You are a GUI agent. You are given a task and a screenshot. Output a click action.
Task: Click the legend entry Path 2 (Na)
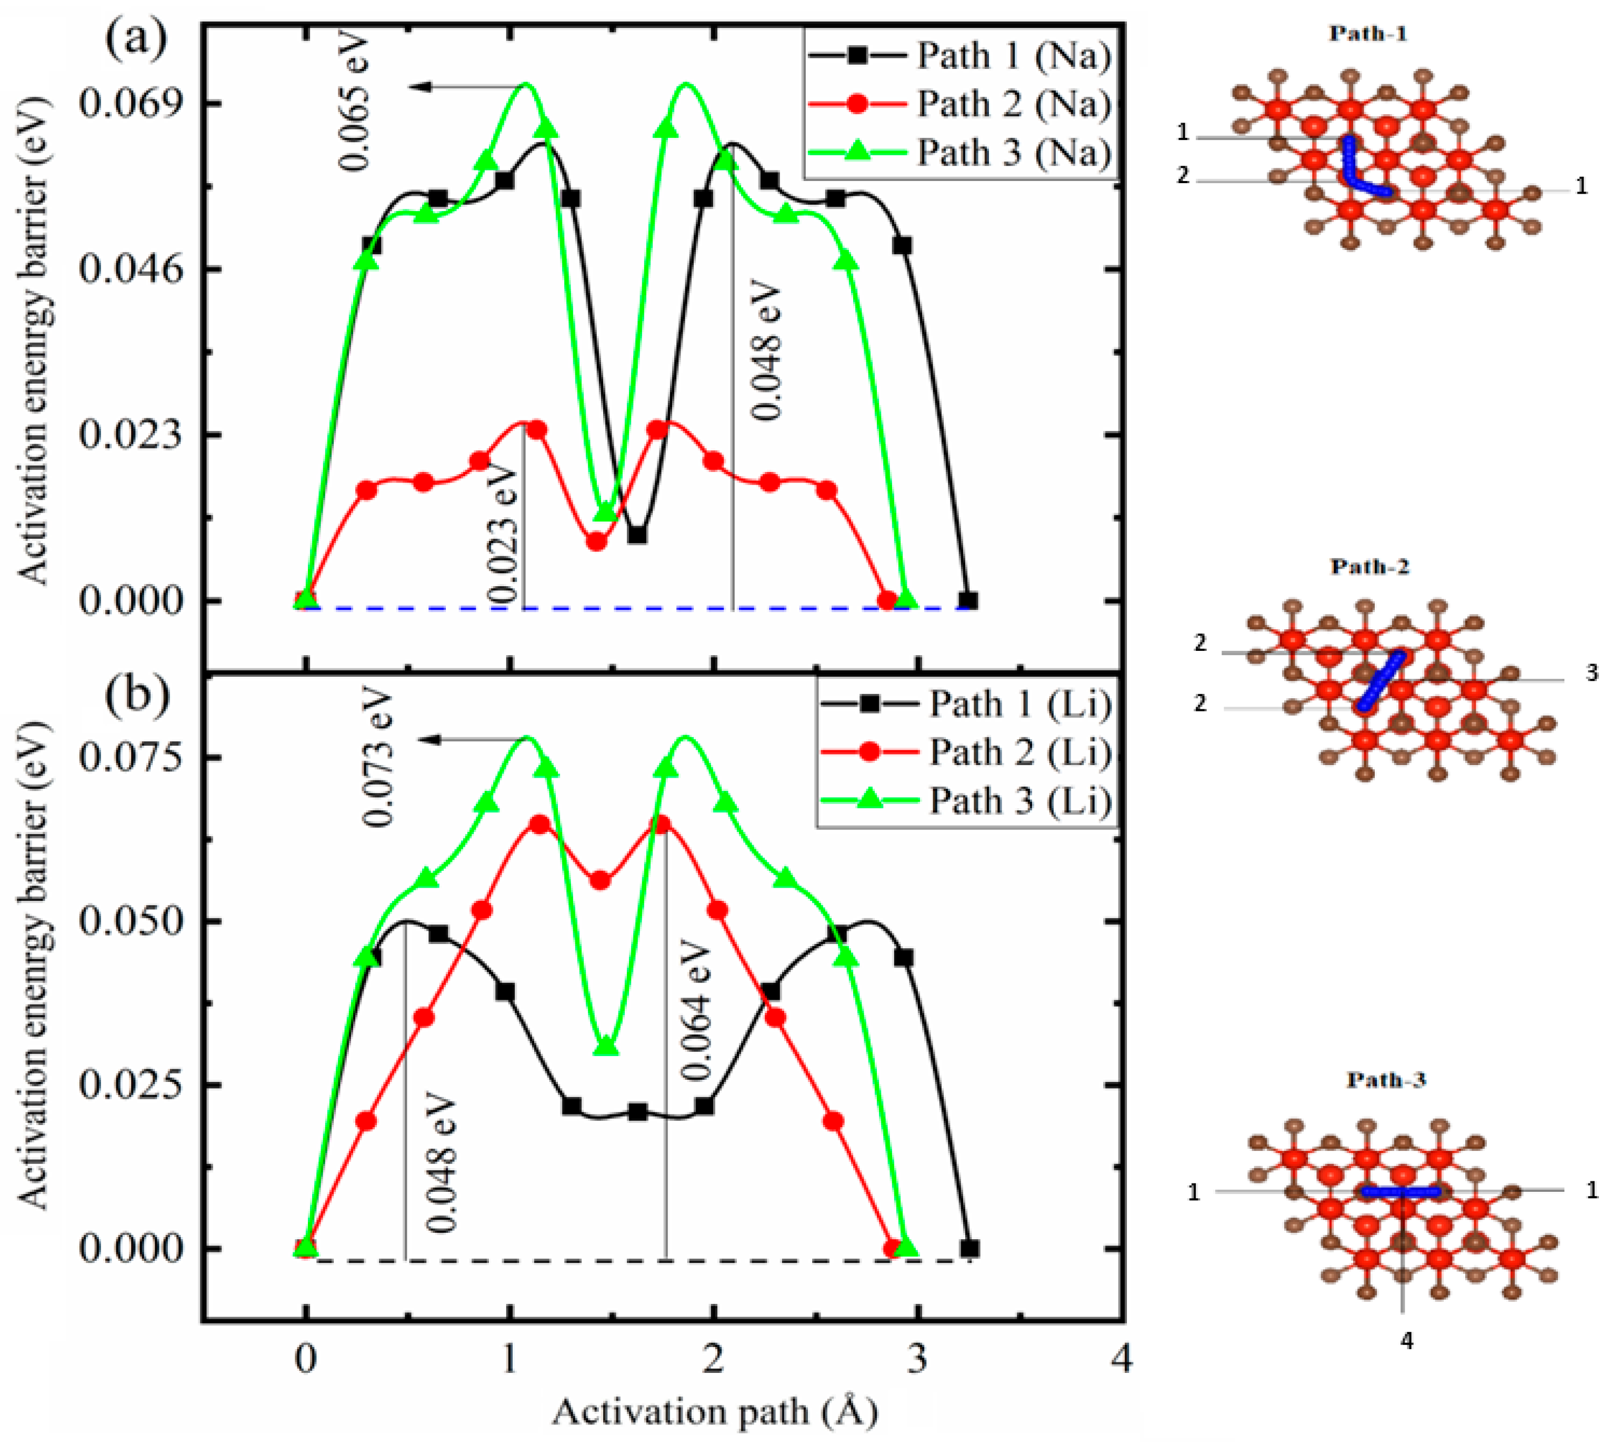(1013, 104)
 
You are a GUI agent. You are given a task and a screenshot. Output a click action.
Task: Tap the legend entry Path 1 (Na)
(1013, 56)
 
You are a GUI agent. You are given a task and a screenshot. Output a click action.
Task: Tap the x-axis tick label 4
(1121, 1359)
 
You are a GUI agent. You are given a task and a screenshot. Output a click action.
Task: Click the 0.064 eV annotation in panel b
(697, 1011)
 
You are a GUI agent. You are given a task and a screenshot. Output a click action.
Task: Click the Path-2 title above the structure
(1370, 567)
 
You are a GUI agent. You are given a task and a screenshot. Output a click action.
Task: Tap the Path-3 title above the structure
(1386, 1080)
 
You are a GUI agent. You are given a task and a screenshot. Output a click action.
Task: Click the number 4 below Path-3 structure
(1406, 1341)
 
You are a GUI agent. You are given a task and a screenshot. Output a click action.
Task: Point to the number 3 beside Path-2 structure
(1591, 673)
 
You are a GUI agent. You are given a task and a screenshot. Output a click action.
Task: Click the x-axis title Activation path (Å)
(715, 1412)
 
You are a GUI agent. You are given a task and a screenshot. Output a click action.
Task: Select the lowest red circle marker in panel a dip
(597, 541)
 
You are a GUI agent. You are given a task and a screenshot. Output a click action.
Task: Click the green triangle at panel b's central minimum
(607, 1046)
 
